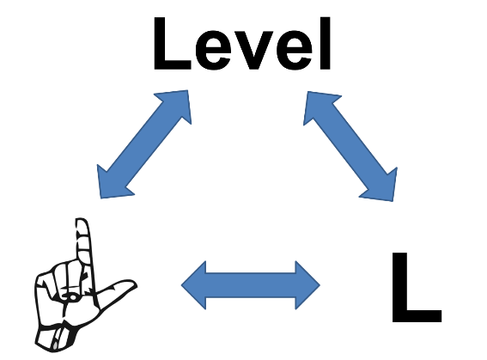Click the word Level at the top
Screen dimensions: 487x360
242,44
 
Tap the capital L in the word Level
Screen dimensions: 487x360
172,44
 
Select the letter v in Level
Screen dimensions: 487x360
253,51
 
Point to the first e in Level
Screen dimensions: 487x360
215,51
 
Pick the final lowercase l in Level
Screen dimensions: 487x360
326,44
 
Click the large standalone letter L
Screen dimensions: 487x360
417,287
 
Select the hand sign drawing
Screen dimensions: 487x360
85,285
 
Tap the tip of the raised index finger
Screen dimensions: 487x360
82,220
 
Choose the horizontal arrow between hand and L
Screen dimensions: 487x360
250,285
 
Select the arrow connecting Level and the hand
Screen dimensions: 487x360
144,144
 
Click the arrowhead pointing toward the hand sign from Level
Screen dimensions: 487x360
110,185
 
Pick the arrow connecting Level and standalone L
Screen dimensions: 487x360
350,146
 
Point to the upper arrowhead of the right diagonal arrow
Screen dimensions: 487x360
318,105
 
